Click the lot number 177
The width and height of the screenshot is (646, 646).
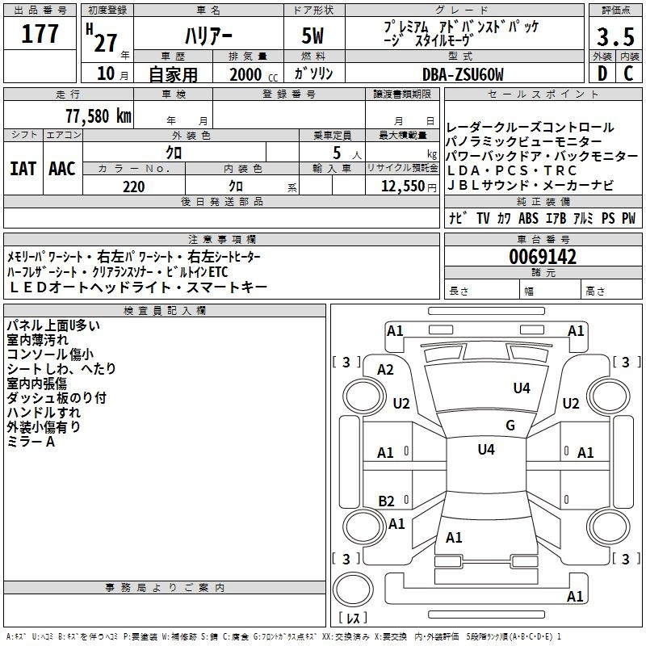click(x=40, y=34)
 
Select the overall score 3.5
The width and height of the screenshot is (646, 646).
click(x=615, y=37)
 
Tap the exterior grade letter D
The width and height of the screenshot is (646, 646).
click(x=602, y=73)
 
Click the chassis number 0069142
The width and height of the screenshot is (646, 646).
click(x=543, y=258)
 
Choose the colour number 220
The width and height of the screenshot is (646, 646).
click(x=133, y=187)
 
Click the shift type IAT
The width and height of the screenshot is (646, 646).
click(x=23, y=169)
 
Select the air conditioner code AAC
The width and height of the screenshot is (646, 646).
click(x=62, y=169)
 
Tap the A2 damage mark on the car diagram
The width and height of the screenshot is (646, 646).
click(x=386, y=370)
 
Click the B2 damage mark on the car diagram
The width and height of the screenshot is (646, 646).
click(x=386, y=501)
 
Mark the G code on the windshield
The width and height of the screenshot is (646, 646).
click(x=510, y=426)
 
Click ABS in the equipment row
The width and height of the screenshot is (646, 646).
click(x=528, y=219)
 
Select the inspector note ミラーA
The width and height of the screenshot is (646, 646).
click(x=31, y=442)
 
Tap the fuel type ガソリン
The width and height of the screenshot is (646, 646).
click(x=312, y=74)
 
